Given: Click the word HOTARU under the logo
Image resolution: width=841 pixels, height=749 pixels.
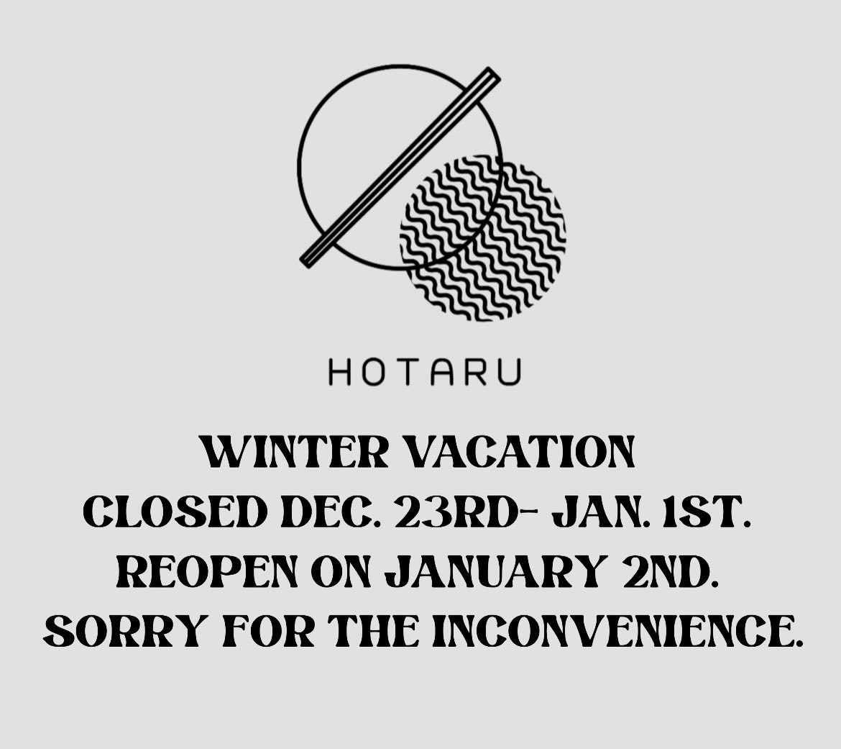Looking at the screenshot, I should (424, 373).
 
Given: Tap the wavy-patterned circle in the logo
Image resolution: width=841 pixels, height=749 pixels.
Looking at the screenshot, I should (482, 238).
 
